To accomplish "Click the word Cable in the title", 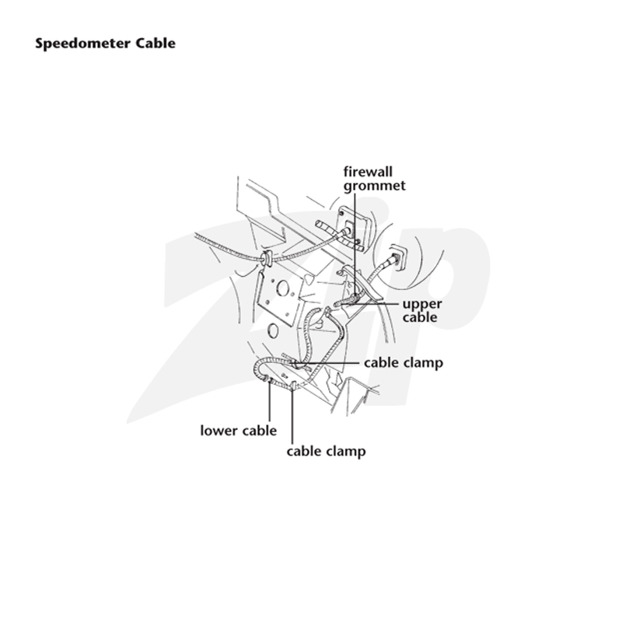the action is [156, 43].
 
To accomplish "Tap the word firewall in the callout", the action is [368, 172].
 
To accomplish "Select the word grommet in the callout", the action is [375, 186].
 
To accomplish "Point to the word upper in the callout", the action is [422, 305].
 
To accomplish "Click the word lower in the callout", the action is [218, 431].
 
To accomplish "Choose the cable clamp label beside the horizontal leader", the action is [404, 362].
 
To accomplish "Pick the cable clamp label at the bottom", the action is [326, 452].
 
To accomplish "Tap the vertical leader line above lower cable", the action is [270, 400].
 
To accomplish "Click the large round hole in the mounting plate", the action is [282, 288].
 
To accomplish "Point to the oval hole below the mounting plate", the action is [273, 330].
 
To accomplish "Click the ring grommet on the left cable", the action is [266, 258].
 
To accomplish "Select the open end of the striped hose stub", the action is [319, 225].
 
